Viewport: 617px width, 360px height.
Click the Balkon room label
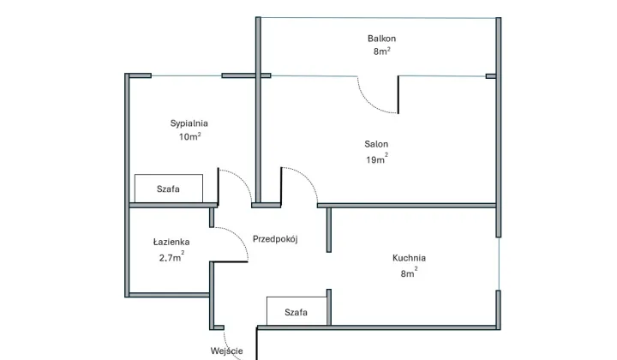click(381, 39)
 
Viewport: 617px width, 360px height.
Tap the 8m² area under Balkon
click(381, 51)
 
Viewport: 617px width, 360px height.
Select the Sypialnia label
click(189, 123)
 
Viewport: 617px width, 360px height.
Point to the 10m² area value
click(189, 136)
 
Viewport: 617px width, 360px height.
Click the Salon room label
click(376, 145)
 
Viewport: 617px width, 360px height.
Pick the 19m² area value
click(376, 159)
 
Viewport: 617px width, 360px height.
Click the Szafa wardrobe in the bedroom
click(168, 188)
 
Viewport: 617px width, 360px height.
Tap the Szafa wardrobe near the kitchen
click(296, 312)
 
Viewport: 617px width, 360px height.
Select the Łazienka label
click(171, 243)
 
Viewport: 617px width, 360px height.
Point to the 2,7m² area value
click(171, 256)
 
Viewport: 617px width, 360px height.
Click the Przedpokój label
click(274, 240)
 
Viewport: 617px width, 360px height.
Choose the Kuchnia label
click(409, 258)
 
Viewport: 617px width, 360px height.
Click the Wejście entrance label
click(227, 350)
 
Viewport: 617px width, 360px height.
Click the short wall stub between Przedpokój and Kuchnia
click(329, 229)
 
